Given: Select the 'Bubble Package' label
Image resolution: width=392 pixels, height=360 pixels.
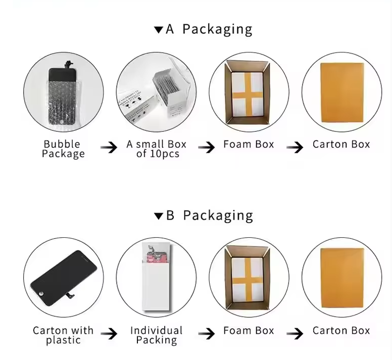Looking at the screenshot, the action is (63, 149).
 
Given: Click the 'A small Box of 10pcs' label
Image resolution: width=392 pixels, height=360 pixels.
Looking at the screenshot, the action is (157, 149).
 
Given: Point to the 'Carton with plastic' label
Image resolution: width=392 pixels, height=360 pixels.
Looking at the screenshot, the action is (63, 335).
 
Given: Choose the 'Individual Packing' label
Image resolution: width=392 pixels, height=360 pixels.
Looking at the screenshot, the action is (157, 335).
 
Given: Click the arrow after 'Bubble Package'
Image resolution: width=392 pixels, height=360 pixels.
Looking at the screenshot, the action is (109, 147).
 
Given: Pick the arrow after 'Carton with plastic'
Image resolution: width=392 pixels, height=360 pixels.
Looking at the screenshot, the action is (109, 334).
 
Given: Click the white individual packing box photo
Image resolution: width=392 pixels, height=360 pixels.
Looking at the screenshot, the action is (157, 277).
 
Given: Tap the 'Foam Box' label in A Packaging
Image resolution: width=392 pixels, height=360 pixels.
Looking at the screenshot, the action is (249, 144).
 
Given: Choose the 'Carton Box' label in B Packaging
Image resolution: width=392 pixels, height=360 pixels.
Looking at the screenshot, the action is (341, 331).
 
